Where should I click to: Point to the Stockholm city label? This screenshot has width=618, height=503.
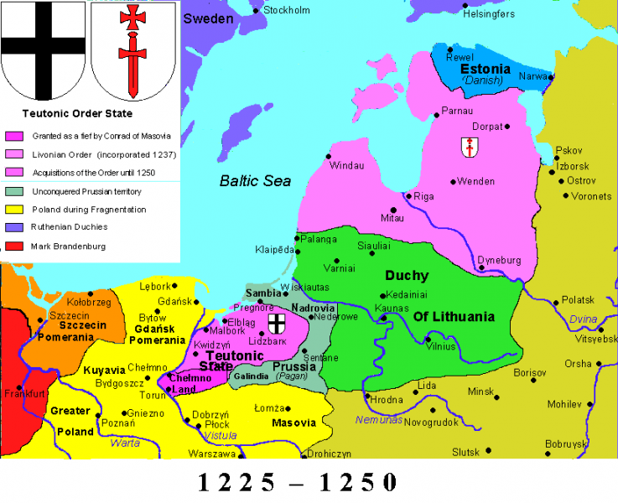tap(287, 10)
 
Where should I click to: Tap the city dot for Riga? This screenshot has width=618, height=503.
tap(408, 196)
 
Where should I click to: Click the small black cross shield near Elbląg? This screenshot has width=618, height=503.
tap(275, 324)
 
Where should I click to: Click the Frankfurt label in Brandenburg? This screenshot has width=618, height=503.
tap(24, 393)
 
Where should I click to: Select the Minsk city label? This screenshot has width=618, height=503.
tap(481, 392)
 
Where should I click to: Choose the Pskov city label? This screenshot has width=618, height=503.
tap(569, 151)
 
